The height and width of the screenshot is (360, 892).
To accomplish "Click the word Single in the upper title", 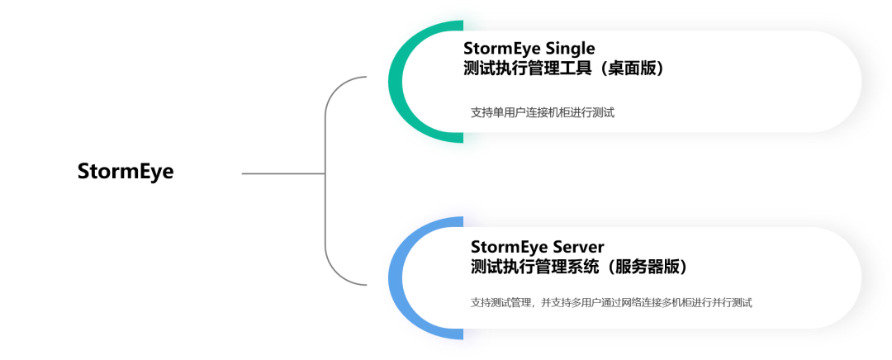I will coord(567,48).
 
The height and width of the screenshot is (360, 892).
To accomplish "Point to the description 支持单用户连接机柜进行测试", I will coord(542,113).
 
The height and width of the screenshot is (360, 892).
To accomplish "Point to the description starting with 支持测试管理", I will coord(611,303).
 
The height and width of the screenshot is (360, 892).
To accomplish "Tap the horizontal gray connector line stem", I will coord(281,174).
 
